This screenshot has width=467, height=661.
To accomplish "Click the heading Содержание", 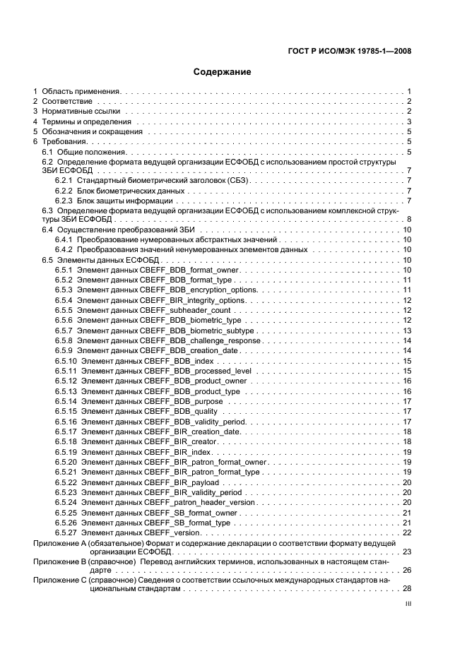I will click(x=222, y=72).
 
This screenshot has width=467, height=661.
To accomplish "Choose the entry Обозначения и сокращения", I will click(x=92, y=132).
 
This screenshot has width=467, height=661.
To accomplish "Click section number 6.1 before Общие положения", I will click(x=47, y=152).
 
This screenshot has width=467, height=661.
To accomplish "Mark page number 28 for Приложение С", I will click(x=407, y=589).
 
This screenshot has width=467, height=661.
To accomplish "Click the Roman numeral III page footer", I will click(x=408, y=604).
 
